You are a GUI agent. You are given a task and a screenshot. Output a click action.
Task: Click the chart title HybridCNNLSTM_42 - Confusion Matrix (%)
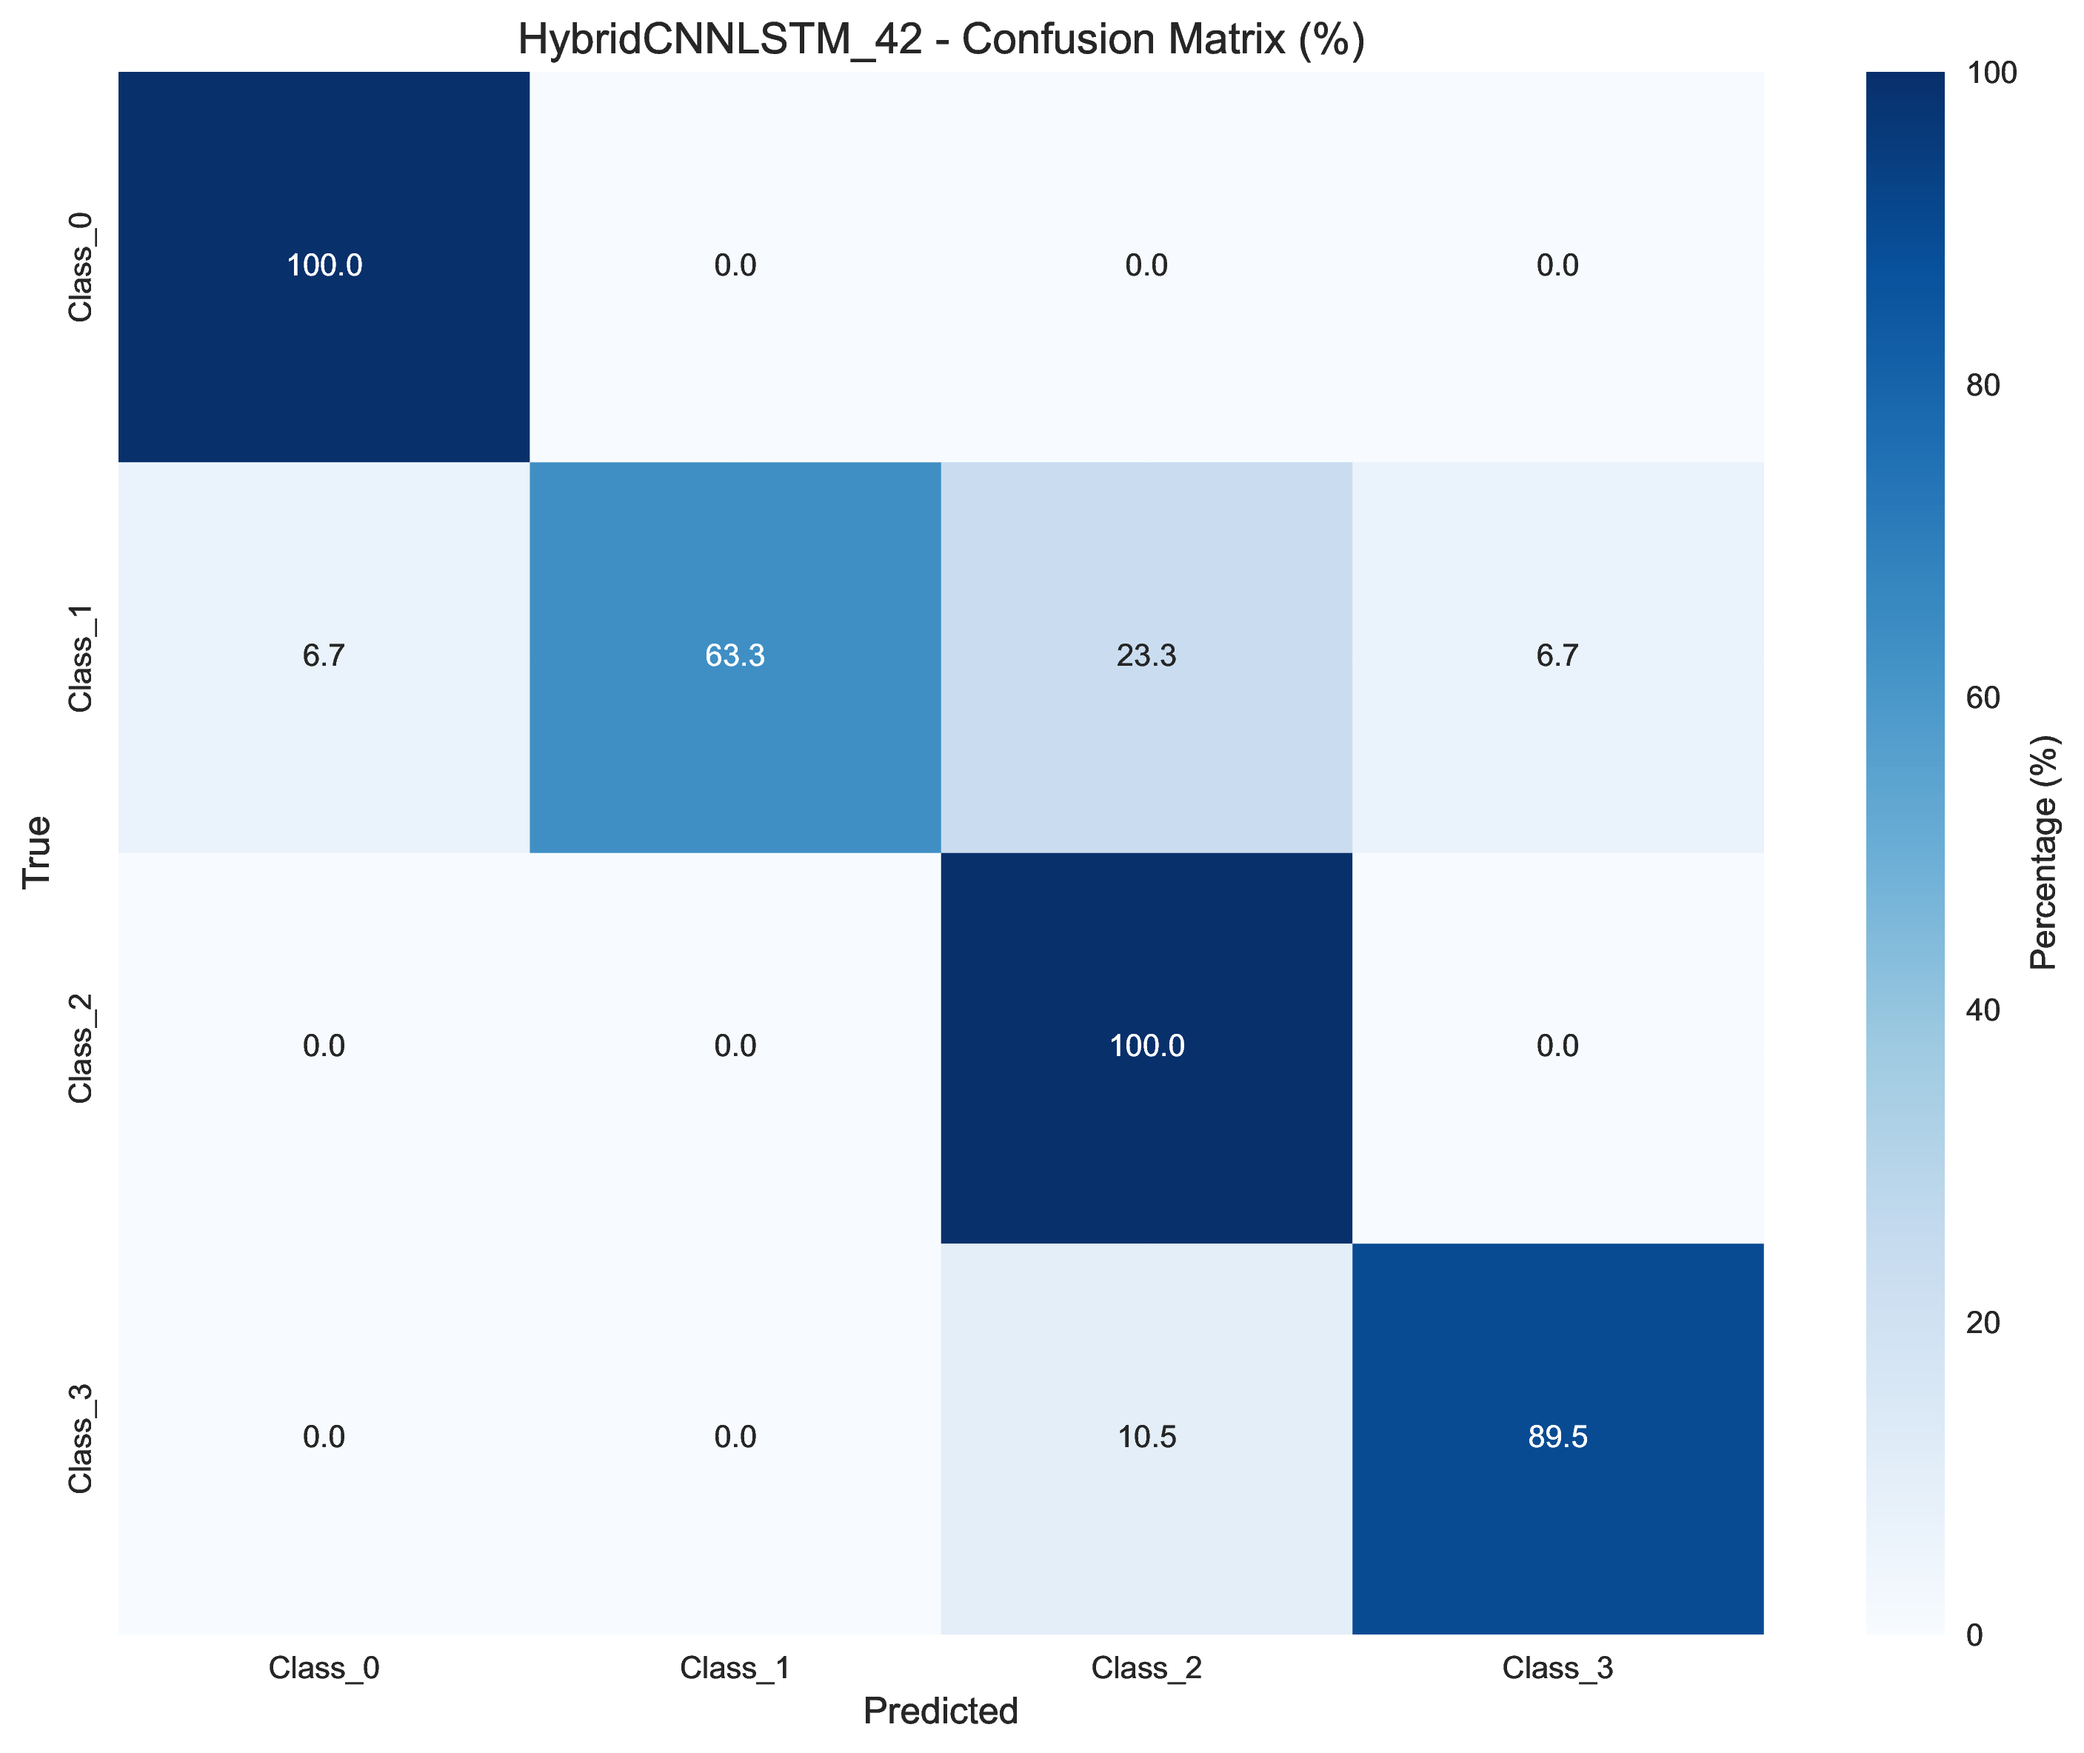click(941, 40)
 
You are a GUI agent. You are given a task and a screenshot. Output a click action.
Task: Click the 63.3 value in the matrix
click(735, 656)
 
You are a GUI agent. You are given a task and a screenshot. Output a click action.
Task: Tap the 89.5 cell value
click(1557, 1437)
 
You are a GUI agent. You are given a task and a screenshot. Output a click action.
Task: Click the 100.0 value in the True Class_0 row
click(324, 265)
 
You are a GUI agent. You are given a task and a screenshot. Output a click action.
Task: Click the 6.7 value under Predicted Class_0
click(324, 656)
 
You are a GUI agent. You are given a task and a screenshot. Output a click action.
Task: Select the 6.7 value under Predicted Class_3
click(1557, 656)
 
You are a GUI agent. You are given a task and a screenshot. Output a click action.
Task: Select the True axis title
click(37, 852)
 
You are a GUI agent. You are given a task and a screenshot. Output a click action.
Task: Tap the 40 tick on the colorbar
click(1983, 1009)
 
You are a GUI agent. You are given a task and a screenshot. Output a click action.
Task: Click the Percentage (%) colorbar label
click(2044, 852)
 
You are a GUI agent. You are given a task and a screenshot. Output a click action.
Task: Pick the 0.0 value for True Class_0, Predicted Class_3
click(1557, 265)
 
